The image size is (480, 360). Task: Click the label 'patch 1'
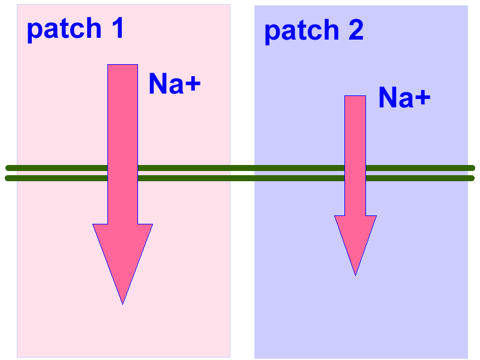[x=75, y=29]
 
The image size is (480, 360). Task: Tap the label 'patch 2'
[x=314, y=30]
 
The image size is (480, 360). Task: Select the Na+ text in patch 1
[x=174, y=84]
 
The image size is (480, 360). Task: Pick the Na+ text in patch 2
[x=404, y=97]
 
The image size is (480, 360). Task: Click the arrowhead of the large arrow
[x=122, y=252]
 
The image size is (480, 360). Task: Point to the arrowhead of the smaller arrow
[x=355, y=237]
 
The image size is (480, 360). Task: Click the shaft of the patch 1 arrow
[x=122, y=120]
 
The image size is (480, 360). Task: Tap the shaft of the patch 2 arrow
[x=355, y=138]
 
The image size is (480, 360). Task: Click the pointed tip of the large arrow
[x=122, y=302]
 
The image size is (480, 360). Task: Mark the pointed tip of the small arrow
[x=355, y=274]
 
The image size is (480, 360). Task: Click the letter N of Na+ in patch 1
[x=158, y=84]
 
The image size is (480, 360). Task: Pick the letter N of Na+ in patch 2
[x=388, y=97]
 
